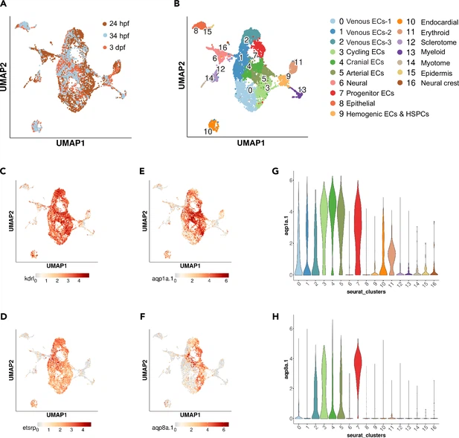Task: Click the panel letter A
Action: (x=5, y=5)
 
